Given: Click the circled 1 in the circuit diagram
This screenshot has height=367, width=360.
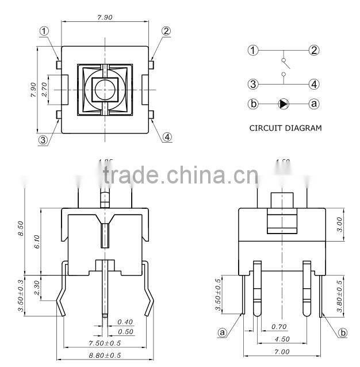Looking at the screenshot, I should click(x=253, y=50).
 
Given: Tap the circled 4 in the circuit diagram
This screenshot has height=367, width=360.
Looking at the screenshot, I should click(x=314, y=84).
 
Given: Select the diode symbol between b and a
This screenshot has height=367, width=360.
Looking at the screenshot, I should click(x=284, y=104).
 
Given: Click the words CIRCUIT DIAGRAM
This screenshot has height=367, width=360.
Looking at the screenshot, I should click(x=285, y=128).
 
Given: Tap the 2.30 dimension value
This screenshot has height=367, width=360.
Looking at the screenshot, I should click(x=37, y=286).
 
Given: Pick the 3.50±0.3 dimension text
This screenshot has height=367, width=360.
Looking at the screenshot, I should click(x=21, y=295).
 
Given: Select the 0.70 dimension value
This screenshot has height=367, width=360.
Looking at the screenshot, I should click(x=278, y=327).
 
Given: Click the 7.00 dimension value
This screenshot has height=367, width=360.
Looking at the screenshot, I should click(x=282, y=351).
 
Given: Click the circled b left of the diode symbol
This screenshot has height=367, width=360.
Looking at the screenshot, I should click(x=253, y=104).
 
